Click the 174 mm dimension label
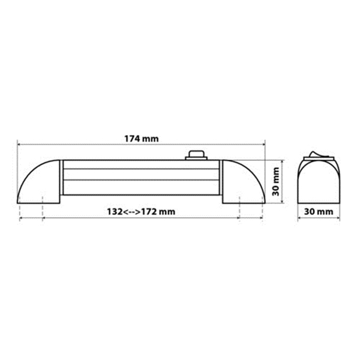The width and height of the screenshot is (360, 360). (142, 139)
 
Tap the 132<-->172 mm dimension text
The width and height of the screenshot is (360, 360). (141, 211)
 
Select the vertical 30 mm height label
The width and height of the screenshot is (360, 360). (275, 182)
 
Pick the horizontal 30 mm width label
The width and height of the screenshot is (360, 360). (319, 212)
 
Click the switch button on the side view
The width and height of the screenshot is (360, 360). (196, 154)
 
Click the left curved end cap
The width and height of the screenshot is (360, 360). (38, 182)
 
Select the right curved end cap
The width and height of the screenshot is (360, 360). (244, 182)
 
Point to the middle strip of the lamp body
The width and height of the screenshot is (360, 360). (141, 175)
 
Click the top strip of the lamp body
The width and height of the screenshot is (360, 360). (141, 164)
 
